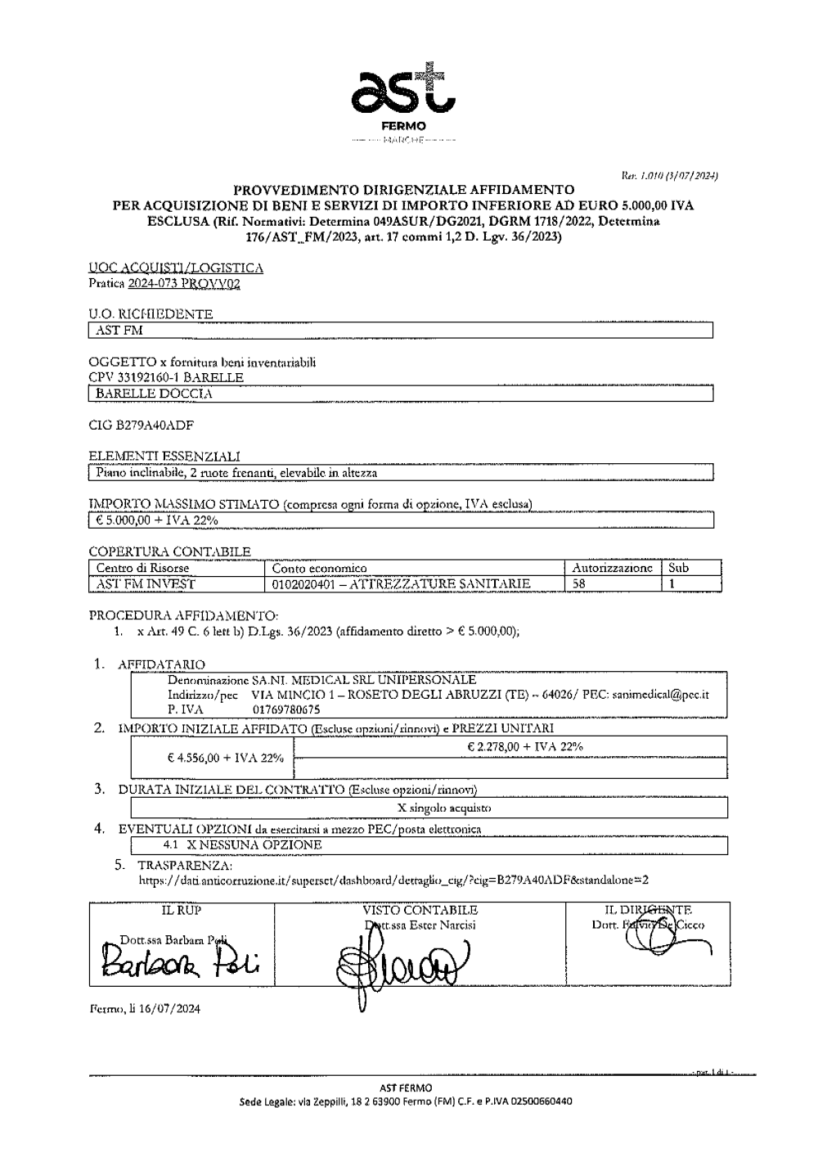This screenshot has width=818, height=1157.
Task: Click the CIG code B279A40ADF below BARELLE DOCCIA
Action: [143, 425]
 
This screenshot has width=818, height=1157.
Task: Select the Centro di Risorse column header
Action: [142, 568]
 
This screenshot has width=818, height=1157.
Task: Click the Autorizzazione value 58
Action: [578, 584]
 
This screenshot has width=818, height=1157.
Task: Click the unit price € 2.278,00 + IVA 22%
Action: [524, 746]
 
